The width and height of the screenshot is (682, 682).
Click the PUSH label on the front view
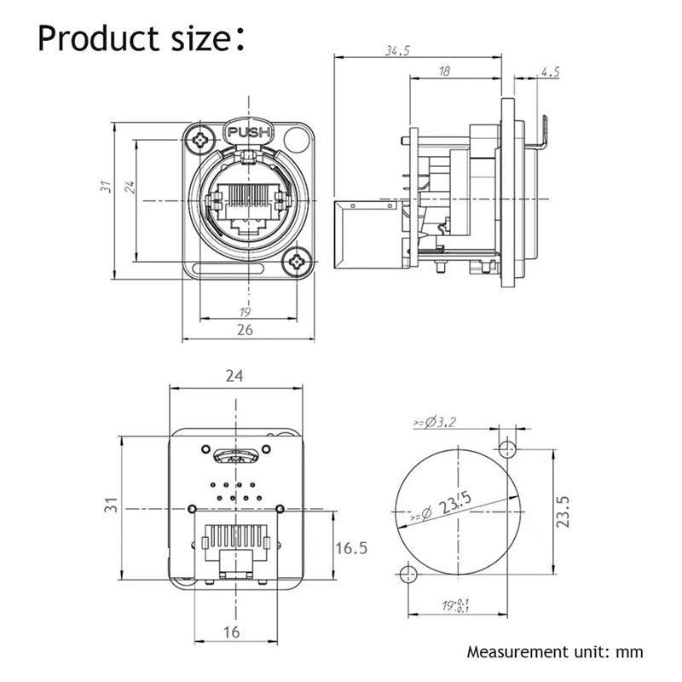247,132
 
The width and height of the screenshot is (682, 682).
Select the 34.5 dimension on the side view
397,51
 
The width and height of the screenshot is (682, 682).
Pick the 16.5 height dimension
350,547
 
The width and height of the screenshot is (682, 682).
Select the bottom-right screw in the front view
298,261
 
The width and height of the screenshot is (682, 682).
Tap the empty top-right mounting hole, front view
296,138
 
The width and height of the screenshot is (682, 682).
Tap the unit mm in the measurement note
627,654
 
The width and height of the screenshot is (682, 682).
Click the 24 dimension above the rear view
234,375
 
